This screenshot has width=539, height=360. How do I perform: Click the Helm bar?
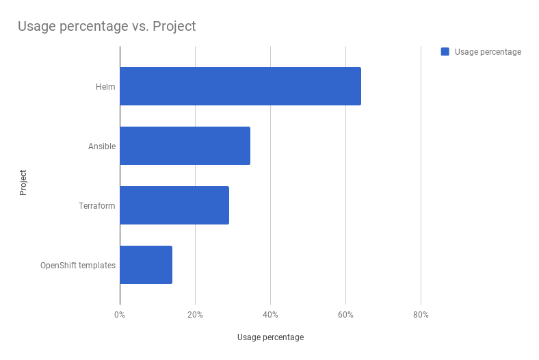(240, 86)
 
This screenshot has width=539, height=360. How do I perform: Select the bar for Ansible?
(185, 146)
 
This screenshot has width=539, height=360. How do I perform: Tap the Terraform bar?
(174, 205)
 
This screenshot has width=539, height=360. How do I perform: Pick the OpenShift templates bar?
(146, 265)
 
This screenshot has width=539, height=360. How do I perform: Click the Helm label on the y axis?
(105, 87)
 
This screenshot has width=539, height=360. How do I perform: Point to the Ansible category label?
(102, 146)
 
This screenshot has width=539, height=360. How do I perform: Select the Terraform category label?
(97, 206)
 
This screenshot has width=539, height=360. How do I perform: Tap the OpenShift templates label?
(78, 266)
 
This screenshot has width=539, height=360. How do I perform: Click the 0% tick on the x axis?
(120, 315)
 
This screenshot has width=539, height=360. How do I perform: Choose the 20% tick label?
(195, 315)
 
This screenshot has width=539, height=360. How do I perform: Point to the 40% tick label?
(270, 315)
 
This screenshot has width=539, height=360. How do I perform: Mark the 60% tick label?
(345, 315)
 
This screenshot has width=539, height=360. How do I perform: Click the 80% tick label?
(421, 315)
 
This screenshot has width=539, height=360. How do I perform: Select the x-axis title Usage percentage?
(270, 337)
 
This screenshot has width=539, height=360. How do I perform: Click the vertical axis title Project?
(23, 183)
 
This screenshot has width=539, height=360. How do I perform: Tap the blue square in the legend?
(445, 51)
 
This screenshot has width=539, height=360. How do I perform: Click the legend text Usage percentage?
(488, 52)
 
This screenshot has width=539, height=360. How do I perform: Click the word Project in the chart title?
(174, 27)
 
